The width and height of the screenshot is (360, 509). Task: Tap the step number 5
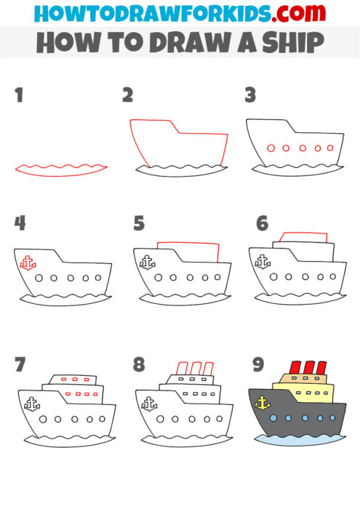point(139,223)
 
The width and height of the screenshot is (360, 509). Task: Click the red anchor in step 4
point(28,262)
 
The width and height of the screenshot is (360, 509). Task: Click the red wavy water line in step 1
point(60,169)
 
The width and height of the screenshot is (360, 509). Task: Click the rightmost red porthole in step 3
point(331,148)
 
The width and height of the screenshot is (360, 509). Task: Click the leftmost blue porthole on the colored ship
point(273,419)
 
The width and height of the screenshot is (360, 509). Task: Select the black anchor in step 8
point(148,403)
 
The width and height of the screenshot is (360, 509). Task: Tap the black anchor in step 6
point(263,262)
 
